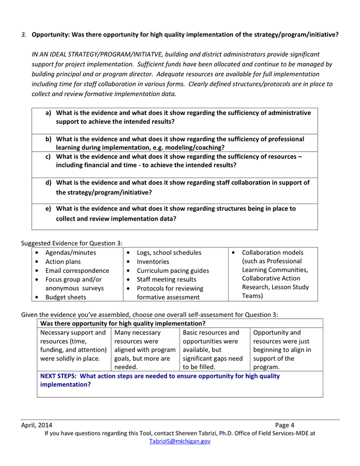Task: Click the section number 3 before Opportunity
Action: (x=24, y=35)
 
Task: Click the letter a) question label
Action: (x=49, y=113)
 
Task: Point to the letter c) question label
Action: (x=48, y=156)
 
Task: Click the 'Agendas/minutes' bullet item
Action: (x=70, y=253)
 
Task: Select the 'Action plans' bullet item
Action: (x=63, y=262)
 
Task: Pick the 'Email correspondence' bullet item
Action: (x=77, y=271)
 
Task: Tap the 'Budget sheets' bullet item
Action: (x=66, y=297)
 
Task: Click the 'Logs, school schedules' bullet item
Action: (x=169, y=253)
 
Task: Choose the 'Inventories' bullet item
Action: (x=153, y=262)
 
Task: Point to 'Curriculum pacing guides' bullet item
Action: (x=173, y=271)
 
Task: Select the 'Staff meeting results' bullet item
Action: (x=166, y=280)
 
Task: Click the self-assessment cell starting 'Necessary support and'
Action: (x=73, y=345)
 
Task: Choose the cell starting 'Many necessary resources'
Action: (x=145, y=350)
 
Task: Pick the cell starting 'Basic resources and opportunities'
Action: (x=214, y=350)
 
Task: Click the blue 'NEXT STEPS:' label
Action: (x=59, y=376)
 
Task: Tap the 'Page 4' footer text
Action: (x=284, y=425)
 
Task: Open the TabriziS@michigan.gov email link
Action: (x=179, y=441)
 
